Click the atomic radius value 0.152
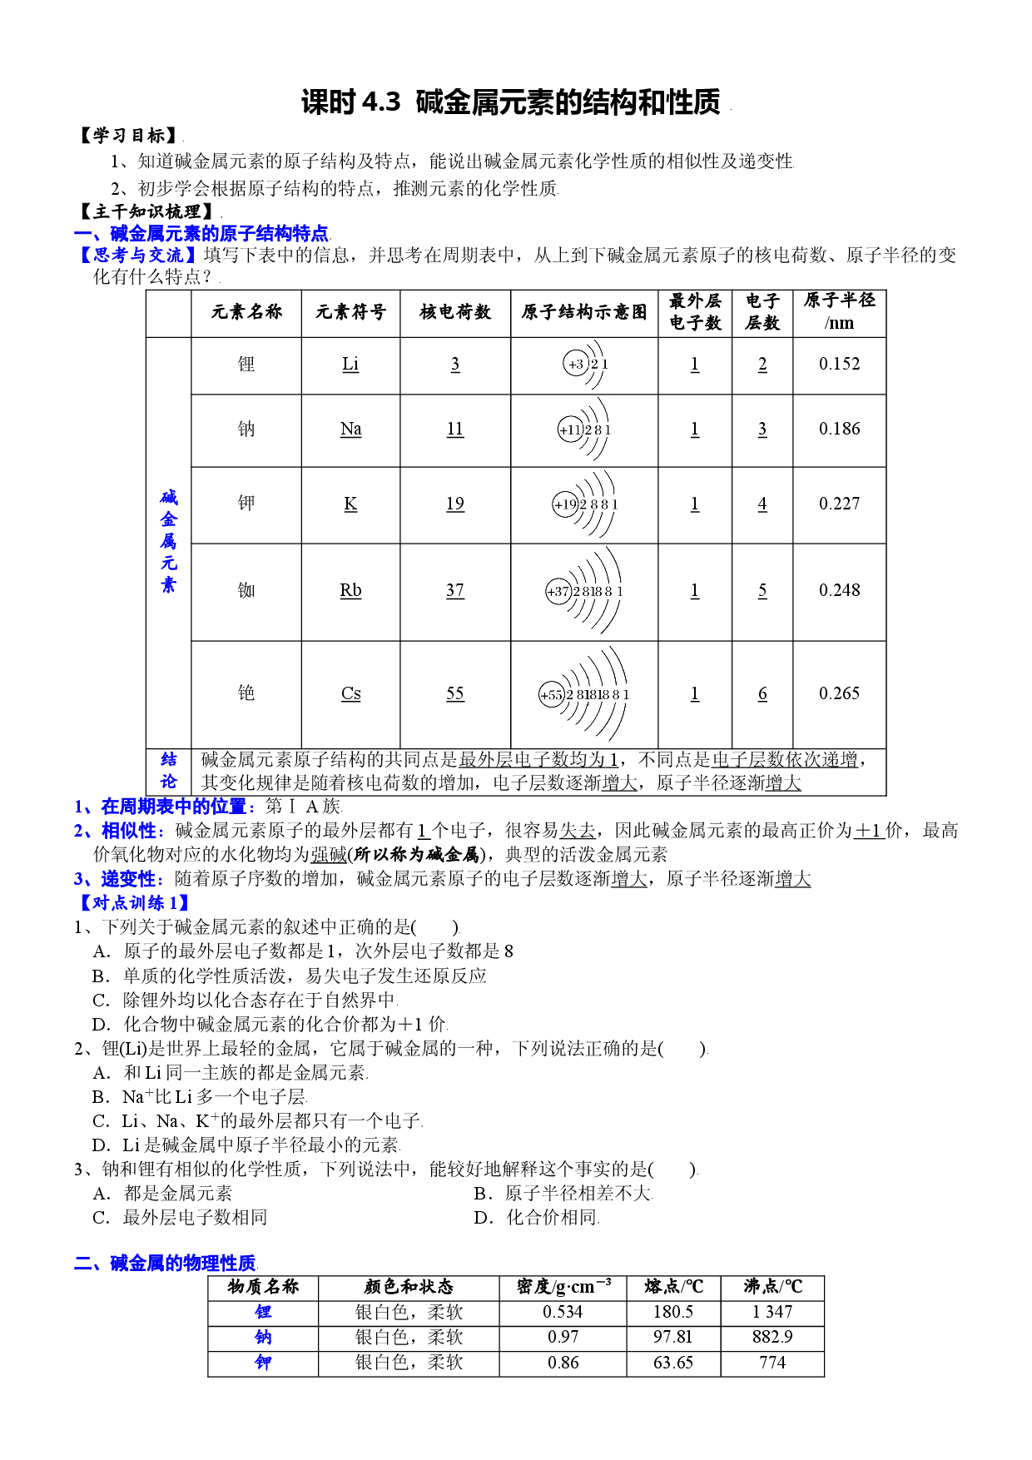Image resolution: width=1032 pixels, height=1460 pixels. [839, 364]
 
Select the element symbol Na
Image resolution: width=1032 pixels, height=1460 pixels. [350, 429]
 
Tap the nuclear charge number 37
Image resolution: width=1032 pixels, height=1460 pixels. [454, 590]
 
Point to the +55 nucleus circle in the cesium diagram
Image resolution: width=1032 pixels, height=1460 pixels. [552, 695]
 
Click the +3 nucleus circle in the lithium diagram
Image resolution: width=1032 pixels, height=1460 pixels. [576, 364]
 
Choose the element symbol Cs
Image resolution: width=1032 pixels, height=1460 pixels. [350, 693]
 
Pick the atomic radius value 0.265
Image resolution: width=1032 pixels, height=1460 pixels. [839, 693]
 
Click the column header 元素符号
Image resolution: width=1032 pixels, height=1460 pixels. [350, 312]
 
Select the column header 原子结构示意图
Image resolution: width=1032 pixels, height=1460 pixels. [583, 312]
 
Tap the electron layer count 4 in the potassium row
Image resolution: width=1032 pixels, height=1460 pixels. [762, 504]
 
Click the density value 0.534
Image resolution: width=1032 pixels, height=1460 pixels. [563, 1312]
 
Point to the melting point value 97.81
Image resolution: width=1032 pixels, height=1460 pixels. [672, 1337]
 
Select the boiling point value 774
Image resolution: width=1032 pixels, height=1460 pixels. [772, 1363]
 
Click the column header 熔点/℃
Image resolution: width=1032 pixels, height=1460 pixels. [673, 1287]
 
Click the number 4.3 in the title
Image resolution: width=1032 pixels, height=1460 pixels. [382, 102]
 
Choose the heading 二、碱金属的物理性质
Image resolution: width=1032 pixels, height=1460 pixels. [165, 1263]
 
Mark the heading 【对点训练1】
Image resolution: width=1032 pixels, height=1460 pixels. [134, 903]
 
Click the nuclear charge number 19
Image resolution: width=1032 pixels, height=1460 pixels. [454, 504]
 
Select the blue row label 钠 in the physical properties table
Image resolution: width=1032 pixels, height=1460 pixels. [263, 1338]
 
